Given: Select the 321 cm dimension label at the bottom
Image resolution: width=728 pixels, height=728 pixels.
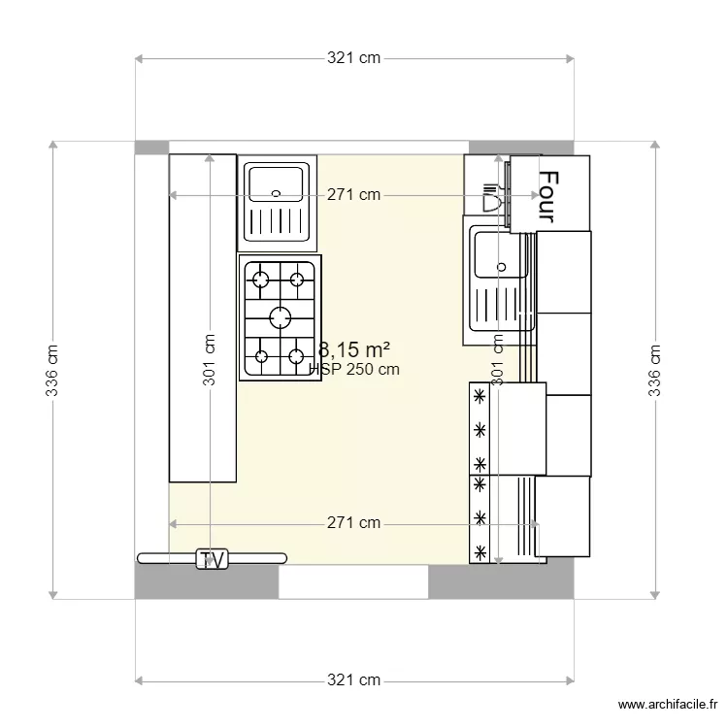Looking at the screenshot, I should pos(353,680).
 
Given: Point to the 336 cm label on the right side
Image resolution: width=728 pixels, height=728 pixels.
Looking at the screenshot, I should pos(656,370).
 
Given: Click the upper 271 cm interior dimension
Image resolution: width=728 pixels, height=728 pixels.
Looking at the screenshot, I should pos(353,195).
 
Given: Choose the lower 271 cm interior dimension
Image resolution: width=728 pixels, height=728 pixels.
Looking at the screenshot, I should pos(353,523).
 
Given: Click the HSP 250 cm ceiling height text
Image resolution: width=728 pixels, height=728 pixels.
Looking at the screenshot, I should pos(355,369).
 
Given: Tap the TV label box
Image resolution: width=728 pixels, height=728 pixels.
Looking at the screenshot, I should pos(212,559).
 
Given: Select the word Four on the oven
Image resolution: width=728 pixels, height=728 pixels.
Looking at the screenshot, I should pos(548,197).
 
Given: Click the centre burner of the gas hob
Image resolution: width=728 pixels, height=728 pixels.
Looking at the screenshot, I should pos(280,316).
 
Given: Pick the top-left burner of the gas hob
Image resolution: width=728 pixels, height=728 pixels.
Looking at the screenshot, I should pos(260,281).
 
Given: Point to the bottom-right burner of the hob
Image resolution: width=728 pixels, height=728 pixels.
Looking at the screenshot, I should pos(297,355).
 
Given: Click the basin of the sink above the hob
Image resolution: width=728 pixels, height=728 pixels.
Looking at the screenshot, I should pos(277,182).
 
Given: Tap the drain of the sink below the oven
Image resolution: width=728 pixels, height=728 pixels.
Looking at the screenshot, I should pos(501,267).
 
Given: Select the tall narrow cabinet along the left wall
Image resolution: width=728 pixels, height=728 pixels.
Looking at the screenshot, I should pos(202,317).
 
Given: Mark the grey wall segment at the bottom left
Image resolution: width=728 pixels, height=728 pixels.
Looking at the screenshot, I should pos(206,581).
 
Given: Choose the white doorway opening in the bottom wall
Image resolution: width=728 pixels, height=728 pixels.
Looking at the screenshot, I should pos(353,581).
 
